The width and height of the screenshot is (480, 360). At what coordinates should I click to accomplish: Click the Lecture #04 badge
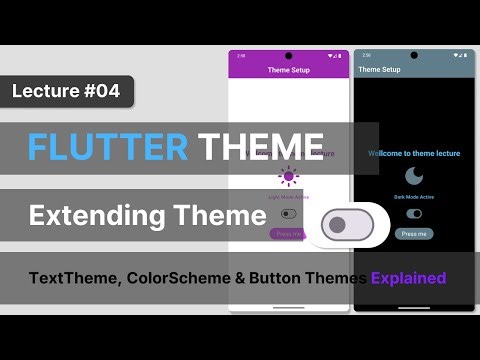pos(66,91)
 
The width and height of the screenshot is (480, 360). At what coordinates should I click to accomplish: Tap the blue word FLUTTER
pos(108,147)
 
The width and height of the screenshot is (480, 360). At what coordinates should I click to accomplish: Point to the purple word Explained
pos(408,277)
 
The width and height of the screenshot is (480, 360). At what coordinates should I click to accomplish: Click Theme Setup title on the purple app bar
pos(288,70)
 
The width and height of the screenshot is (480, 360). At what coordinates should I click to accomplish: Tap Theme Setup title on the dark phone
pos(379,70)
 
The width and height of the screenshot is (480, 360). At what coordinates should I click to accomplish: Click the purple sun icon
pos(289,177)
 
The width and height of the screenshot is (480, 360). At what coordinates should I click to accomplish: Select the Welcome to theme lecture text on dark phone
pos(414,154)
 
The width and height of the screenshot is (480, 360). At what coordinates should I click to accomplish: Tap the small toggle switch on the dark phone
pos(414,214)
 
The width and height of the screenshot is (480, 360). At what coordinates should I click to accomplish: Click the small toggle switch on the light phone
pos(289,214)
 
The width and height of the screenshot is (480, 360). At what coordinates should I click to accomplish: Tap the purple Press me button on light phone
pos(286,234)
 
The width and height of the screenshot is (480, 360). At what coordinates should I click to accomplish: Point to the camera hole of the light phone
pos(289,56)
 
